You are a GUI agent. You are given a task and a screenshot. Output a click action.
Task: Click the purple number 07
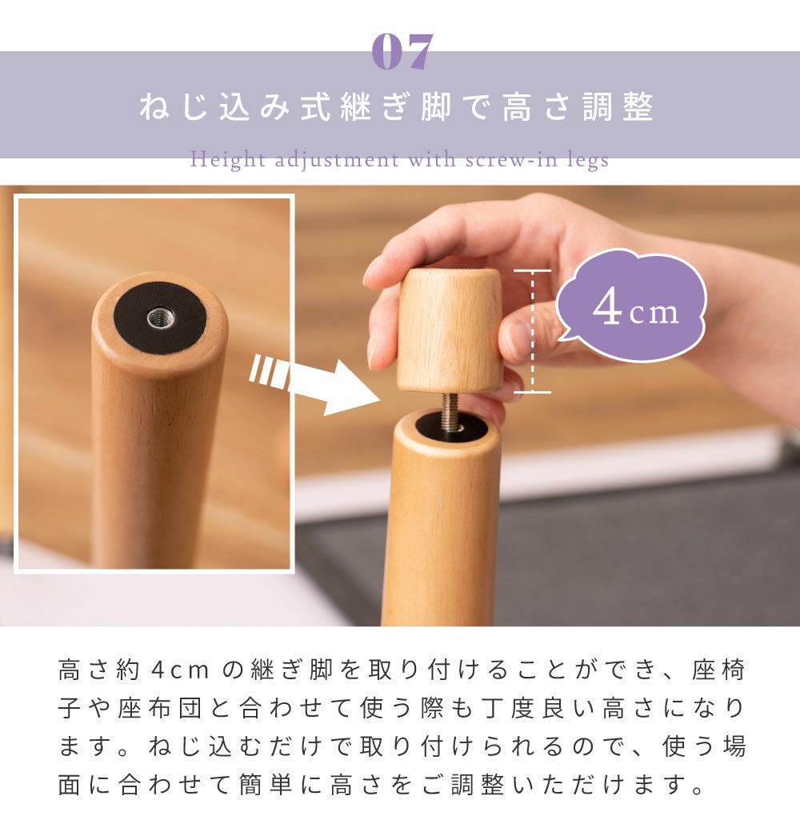(402, 51)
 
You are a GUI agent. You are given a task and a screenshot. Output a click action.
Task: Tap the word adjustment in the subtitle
(337, 160)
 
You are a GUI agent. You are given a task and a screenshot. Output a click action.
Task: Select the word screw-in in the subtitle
(511, 160)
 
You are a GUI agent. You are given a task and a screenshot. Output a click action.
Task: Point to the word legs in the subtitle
(588, 160)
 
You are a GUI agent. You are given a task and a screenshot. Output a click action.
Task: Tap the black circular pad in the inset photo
(160, 318)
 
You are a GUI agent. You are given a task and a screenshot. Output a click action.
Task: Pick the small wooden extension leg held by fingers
(449, 330)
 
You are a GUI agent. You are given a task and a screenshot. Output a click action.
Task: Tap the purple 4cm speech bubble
(632, 305)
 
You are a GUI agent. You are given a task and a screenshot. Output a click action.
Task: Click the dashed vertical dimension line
(532, 332)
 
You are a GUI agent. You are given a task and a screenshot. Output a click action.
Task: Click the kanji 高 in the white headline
(517, 106)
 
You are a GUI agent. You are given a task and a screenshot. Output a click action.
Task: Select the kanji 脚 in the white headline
(436, 106)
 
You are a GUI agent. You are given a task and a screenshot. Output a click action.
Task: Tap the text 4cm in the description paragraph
(180, 670)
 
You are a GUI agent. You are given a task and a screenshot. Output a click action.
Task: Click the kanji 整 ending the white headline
(638, 106)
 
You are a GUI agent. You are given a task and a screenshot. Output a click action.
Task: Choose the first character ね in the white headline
(154, 106)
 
